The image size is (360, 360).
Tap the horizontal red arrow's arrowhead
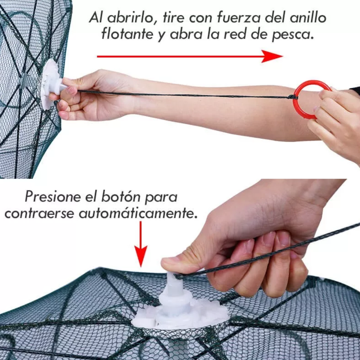(271, 56)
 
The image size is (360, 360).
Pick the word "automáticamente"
(138, 214)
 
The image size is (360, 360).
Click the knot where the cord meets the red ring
(291, 97)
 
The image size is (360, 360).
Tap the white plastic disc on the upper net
(48, 84)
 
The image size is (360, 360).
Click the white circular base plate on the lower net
(180, 318)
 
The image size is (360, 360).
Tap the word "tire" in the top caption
(173, 18)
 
